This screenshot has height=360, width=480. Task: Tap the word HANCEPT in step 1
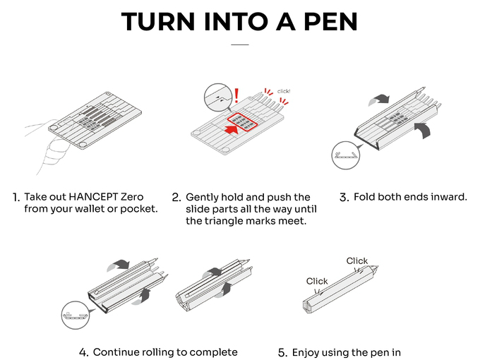(93, 196)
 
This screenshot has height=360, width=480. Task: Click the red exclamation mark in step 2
(236, 95)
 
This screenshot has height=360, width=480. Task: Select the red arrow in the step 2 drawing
(232, 130)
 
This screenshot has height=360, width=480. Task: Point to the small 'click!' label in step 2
(284, 91)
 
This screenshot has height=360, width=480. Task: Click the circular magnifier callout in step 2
(218, 98)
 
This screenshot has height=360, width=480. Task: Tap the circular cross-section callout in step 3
(346, 155)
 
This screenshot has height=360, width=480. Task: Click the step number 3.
(344, 198)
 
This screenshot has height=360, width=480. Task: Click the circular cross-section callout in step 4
(76, 316)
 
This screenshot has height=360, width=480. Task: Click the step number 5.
(283, 353)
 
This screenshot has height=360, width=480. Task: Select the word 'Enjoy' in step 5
(305, 353)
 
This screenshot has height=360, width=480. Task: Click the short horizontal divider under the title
(240, 44)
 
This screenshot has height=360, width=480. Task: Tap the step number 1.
(16, 198)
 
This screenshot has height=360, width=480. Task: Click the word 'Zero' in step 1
(132, 196)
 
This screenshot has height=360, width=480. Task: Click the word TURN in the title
(158, 22)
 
